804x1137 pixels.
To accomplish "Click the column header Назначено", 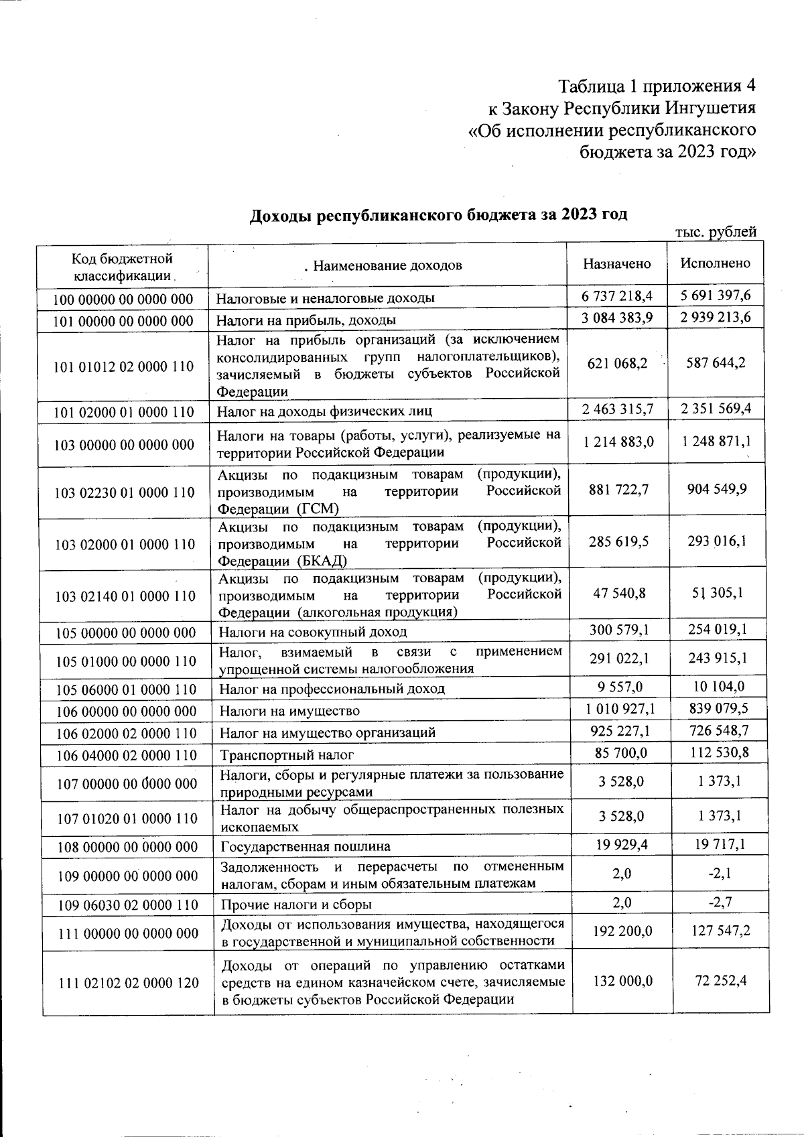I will tap(616, 264).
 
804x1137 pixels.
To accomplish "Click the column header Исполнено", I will tap(716, 263).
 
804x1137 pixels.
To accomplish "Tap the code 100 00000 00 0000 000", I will tap(123, 299).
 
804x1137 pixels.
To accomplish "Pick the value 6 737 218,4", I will tap(617, 295).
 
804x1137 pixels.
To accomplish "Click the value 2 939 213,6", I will tap(716, 317).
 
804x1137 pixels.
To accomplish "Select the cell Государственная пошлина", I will tap(306, 847).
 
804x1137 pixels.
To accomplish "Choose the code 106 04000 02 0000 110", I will tap(126, 756).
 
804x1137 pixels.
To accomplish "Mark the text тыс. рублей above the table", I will tap(716, 232).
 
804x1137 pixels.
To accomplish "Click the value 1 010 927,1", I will tap(617, 708).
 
